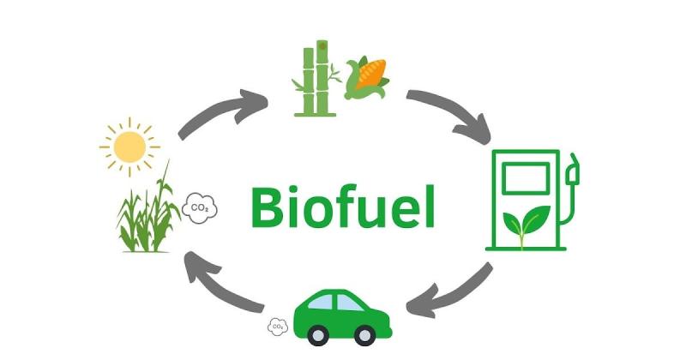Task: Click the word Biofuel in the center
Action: tap(343, 206)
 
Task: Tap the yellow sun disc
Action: tap(130, 147)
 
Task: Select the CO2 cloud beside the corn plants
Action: tap(200, 208)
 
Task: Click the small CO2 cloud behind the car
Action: tap(278, 327)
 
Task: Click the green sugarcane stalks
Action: tap(316, 79)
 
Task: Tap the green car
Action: tap(342, 316)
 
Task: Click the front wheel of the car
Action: tap(364, 335)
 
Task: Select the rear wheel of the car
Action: tap(318, 335)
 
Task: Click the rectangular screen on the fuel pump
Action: tap(526, 178)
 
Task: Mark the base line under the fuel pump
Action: tap(526, 249)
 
